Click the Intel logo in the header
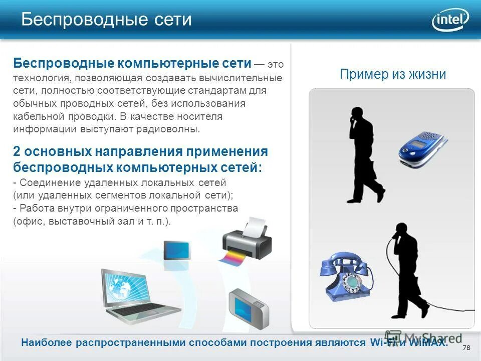pyautogui.click(x=450, y=21)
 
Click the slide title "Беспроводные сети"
pyautogui.click(x=106, y=20)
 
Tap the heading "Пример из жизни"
pyautogui.click(x=392, y=75)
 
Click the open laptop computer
pyautogui.click(x=135, y=296)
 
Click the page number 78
pyautogui.click(x=466, y=348)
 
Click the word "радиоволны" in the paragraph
pyautogui.click(x=173, y=129)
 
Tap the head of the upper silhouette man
pyautogui.click(x=356, y=114)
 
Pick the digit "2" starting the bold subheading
pyautogui.click(x=17, y=152)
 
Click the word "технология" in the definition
pyautogui.click(x=41, y=78)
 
